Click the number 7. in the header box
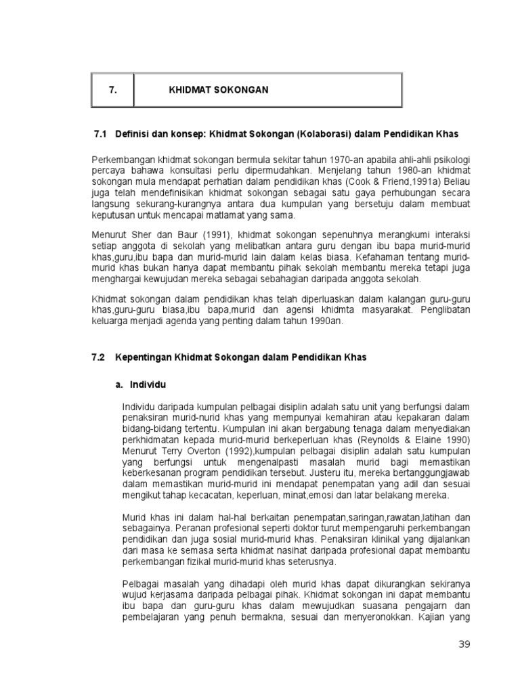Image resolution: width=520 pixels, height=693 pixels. (112, 89)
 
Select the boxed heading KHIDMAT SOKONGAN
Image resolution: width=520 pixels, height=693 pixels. (218, 89)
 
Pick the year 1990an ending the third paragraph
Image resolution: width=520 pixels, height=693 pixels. (328, 321)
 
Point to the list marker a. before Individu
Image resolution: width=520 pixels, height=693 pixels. (118, 384)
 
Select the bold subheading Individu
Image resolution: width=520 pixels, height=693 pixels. (147, 384)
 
